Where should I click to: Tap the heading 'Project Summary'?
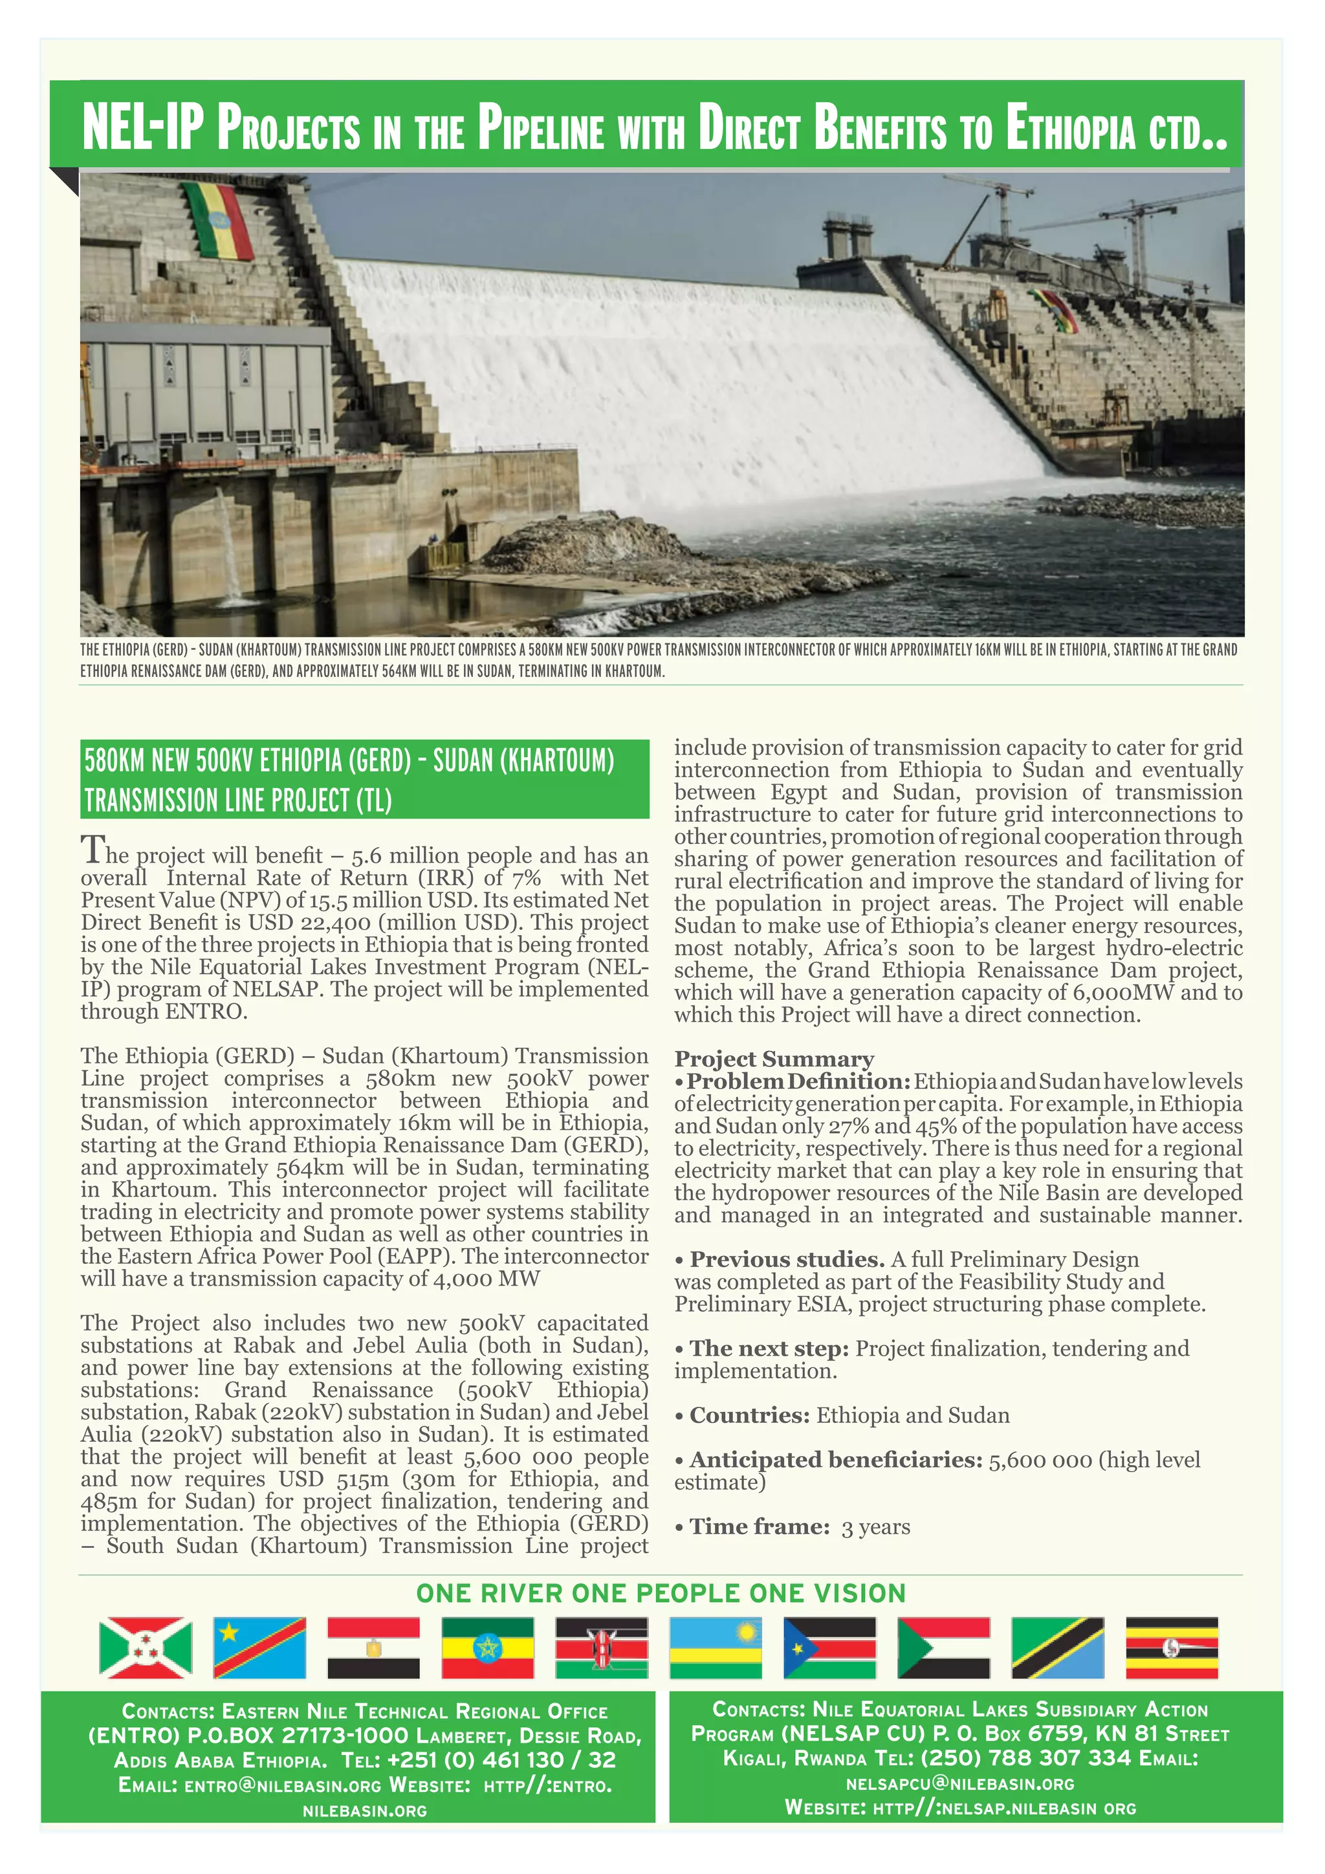(x=774, y=1059)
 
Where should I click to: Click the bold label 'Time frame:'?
(x=760, y=1527)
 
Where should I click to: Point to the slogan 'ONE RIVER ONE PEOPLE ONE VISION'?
(x=661, y=1593)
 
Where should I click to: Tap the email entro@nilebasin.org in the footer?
(x=282, y=1785)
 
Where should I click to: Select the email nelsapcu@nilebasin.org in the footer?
(x=959, y=1784)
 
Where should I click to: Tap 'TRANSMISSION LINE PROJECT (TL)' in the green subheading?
(x=238, y=800)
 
